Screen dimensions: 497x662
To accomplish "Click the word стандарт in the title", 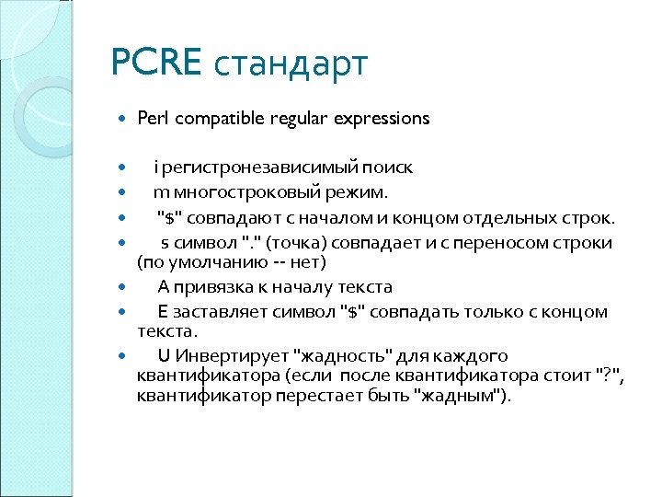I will pos(291,65).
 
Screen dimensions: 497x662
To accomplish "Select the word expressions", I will pos(382,119).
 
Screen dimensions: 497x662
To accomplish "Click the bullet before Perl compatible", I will pos(124,119).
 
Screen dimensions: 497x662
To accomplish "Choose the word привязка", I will pos(216,287).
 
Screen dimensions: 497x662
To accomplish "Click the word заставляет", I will pos(222,312).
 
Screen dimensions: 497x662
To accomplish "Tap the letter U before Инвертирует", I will pos(164,356).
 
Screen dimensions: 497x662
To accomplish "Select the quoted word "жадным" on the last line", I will pos(457,397).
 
